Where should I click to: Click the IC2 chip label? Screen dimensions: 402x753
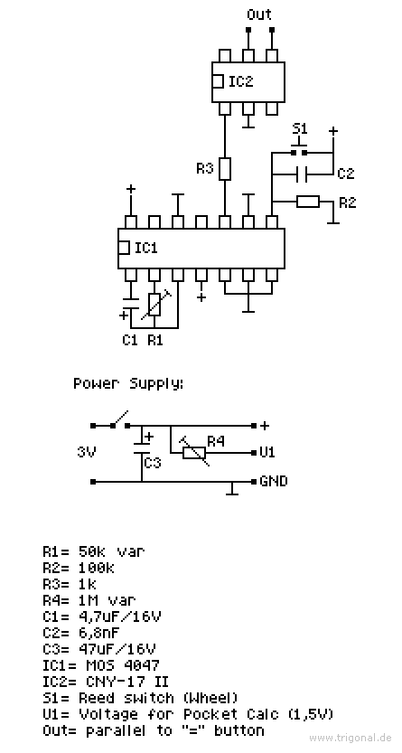coord(240,81)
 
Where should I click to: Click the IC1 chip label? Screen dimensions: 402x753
coord(146,249)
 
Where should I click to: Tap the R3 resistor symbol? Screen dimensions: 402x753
coord(225,169)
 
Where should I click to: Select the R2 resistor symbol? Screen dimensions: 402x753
coord(307,202)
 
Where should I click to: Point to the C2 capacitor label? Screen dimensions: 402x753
coord(345,174)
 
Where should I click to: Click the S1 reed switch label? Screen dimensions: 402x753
coord(300,128)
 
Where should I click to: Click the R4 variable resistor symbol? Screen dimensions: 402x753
coord(194,452)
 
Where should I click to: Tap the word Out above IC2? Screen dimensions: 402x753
coord(259,14)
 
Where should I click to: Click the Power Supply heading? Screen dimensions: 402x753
coord(128,384)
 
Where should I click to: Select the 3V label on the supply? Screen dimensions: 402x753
coord(87,452)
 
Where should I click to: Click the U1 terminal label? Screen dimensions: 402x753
coord(267,452)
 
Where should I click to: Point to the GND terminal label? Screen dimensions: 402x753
coord(274,481)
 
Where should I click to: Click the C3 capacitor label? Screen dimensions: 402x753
coord(153,463)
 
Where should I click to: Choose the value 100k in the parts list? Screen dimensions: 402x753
coord(97,569)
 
